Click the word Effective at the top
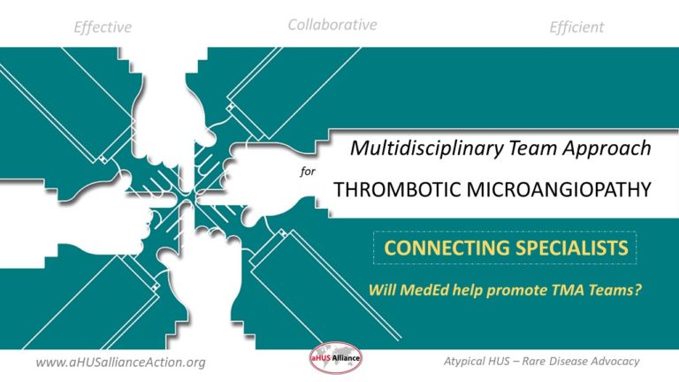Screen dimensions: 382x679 103,27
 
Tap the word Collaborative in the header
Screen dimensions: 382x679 332,25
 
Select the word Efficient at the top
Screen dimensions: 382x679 576,27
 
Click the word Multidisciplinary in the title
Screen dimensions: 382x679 414,149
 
